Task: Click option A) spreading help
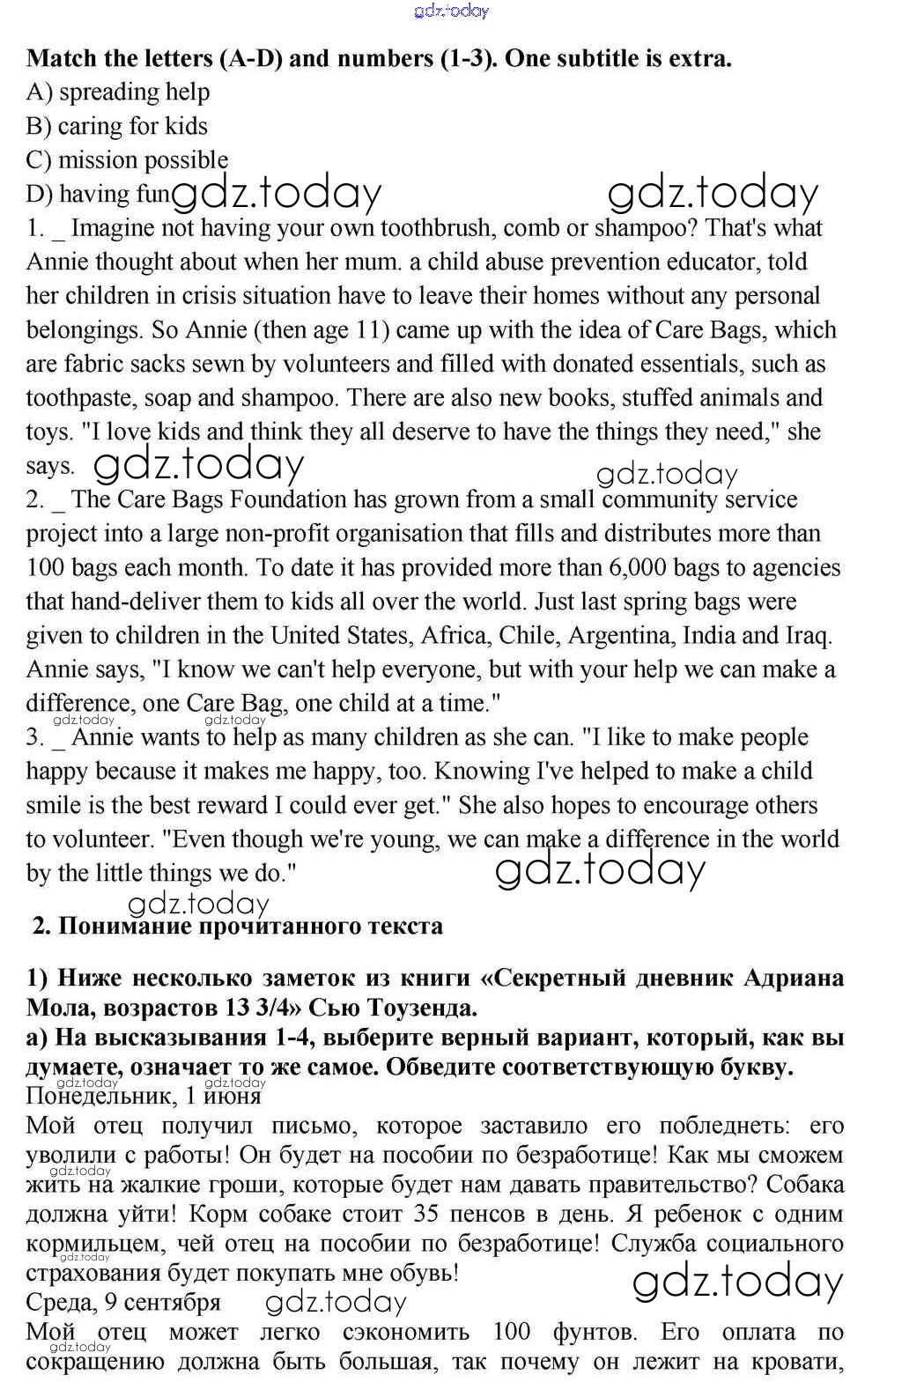click(x=118, y=92)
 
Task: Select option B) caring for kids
click(x=116, y=126)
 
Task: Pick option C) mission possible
click(x=127, y=159)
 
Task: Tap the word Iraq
click(x=808, y=635)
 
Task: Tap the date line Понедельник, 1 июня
click(x=144, y=1096)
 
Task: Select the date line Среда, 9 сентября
click(x=123, y=1302)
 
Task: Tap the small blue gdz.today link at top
click(x=450, y=11)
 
